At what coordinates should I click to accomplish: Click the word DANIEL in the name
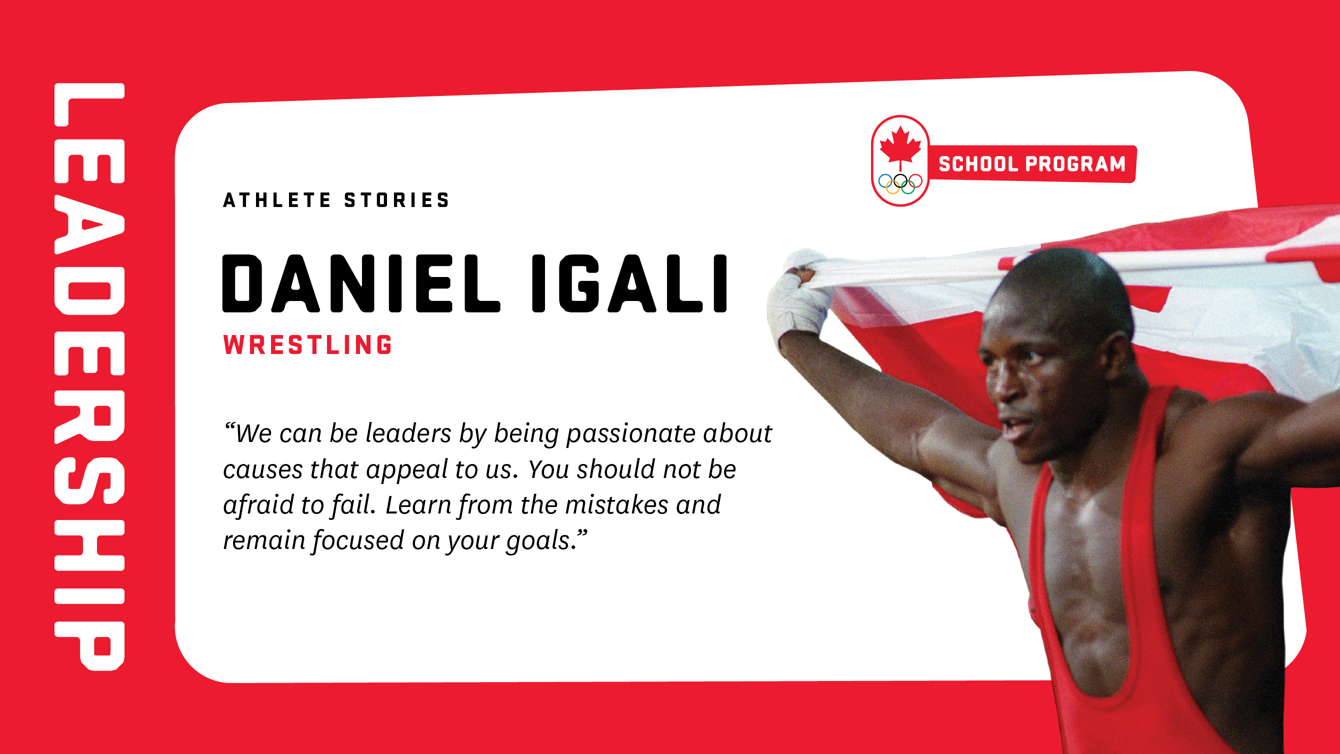(x=361, y=283)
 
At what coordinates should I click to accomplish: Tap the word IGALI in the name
(x=629, y=283)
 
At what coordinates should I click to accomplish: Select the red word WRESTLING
(x=308, y=345)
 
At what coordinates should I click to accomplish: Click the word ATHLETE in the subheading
(x=276, y=200)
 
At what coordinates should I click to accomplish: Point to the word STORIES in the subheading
(x=397, y=200)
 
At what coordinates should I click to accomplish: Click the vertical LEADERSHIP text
(x=89, y=376)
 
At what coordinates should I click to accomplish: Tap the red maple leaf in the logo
(x=900, y=146)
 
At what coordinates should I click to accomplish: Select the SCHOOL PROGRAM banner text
(x=1032, y=164)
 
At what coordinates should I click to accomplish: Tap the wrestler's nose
(x=1001, y=387)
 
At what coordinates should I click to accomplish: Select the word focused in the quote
(x=358, y=540)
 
